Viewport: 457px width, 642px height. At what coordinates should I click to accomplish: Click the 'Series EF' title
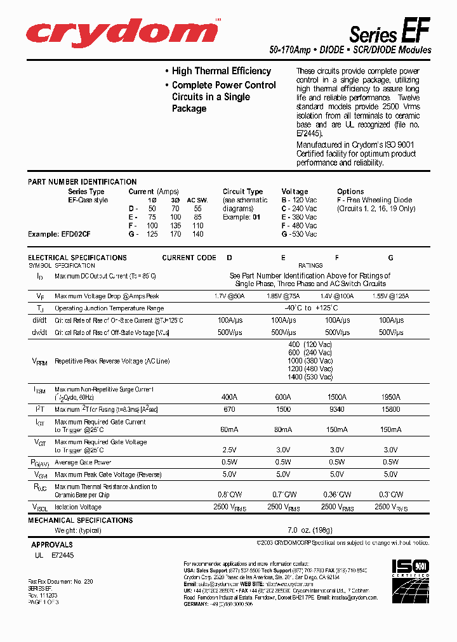coord(390,31)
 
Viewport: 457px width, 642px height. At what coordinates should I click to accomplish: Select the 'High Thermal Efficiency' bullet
coord(221,71)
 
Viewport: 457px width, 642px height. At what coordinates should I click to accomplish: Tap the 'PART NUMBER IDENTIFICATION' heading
coord(83,182)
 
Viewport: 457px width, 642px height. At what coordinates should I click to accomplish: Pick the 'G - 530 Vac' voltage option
coord(299,234)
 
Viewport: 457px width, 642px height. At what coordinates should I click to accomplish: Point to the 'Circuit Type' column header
coord(242,192)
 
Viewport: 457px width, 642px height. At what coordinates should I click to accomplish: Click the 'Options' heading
coord(350,192)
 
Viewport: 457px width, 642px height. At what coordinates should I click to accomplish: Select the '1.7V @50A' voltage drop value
coord(230,296)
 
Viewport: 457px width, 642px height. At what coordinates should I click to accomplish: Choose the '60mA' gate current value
coord(230,430)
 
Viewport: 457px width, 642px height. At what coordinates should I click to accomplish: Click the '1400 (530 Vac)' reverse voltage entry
coord(310,377)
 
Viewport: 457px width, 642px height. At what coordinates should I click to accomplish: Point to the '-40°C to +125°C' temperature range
coord(310,308)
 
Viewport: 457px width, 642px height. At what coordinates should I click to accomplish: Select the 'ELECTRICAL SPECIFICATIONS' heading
coord(77,258)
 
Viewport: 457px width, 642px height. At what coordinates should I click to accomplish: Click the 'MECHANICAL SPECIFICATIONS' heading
coord(81,520)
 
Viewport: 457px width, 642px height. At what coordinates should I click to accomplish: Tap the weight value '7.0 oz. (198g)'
coord(310,530)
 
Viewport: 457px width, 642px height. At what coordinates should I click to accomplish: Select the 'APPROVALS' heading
coord(52,544)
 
